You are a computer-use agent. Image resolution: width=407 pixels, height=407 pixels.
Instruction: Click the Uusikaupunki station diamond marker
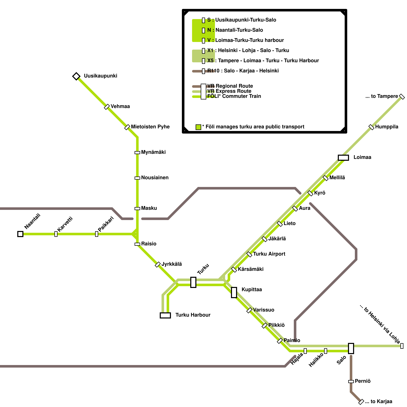(x=76, y=76)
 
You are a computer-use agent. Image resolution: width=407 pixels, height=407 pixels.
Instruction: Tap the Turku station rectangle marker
(x=193, y=282)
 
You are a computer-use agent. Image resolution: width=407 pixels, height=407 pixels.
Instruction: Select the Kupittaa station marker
(x=234, y=293)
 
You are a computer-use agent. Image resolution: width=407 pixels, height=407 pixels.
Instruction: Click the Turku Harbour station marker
(x=165, y=315)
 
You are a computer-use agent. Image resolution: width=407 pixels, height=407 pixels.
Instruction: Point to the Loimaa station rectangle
(x=343, y=158)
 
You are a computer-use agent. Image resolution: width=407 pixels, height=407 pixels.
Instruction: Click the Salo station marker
(x=351, y=348)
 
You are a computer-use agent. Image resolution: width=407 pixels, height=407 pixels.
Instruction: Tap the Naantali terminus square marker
(x=20, y=234)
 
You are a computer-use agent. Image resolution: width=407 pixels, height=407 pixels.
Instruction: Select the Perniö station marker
(x=351, y=382)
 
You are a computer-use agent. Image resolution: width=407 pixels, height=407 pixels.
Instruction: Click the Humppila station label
(x=387, y=127)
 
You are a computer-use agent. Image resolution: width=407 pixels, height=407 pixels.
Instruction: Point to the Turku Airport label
(x=269, y=254)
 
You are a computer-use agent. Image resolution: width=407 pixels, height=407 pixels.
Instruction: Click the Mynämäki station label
(x=153, y=152)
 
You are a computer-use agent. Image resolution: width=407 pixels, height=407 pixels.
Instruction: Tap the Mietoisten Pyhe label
(x=150, y=127)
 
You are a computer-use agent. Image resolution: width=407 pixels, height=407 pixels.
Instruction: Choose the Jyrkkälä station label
(x=172, y=264)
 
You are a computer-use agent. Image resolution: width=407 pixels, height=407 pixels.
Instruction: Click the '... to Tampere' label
(x=382, y=96)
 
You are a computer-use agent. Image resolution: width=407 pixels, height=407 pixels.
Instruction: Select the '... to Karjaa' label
(x=379, y=402)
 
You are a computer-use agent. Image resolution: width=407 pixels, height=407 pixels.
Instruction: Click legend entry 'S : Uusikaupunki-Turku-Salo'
(x=242, y=20)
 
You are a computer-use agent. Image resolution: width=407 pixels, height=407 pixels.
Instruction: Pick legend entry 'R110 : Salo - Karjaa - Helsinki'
(x=243, y=71)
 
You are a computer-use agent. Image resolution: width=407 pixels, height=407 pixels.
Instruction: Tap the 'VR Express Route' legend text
(x=229, y=91)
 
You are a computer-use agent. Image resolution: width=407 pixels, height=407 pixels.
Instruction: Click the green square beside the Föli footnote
(x=198, y=127)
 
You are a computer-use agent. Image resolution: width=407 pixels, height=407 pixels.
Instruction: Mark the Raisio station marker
(x=137, y=244)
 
